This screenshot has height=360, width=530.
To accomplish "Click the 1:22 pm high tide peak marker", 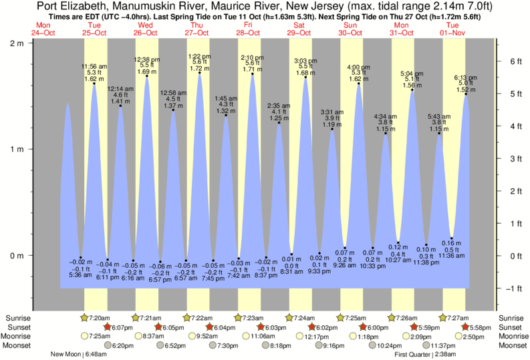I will [x=200, y=73].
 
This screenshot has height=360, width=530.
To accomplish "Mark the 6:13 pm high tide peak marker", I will [x=466, y=94].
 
